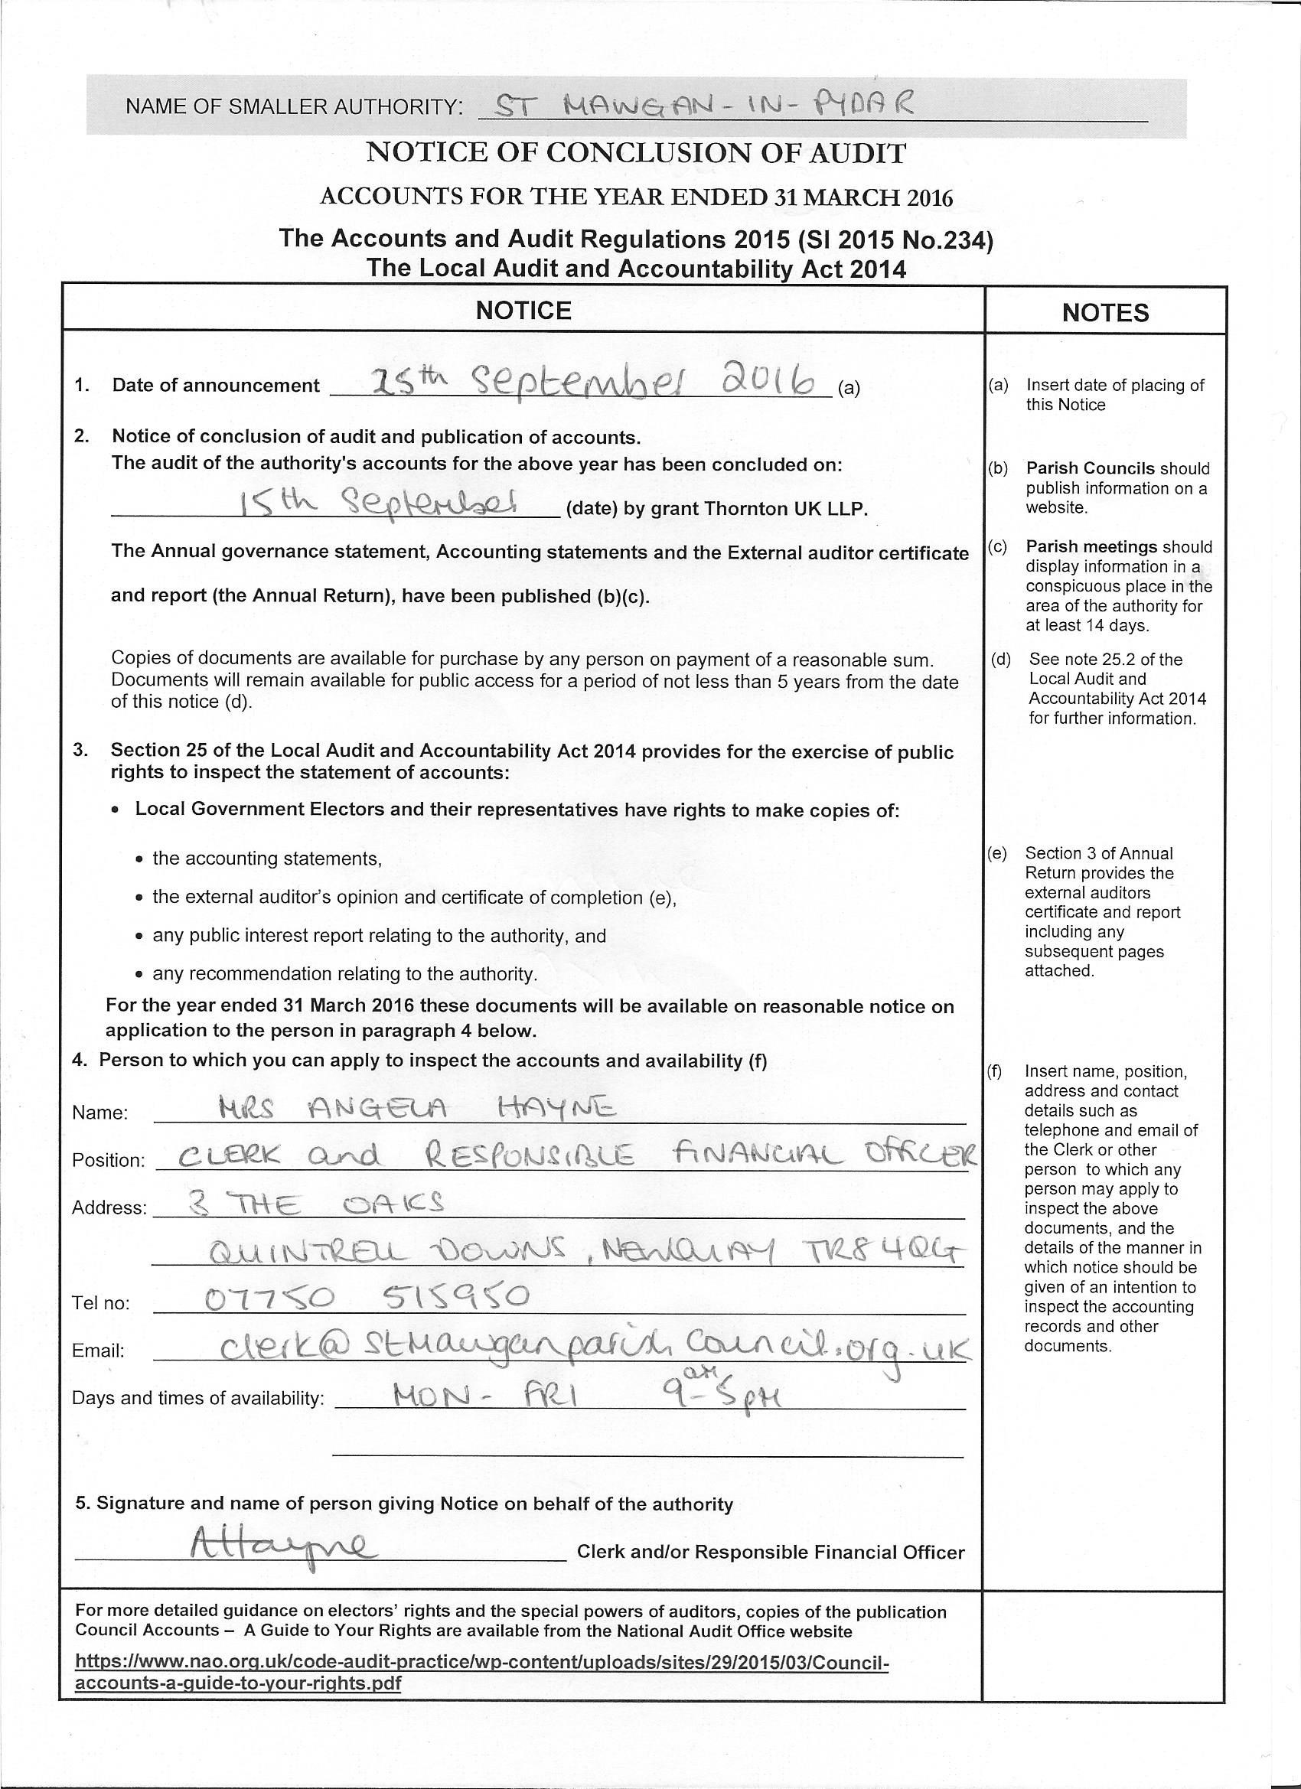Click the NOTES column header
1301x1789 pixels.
[1104, 312]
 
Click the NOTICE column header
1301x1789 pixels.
[523, 310]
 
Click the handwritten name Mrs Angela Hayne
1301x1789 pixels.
[416, 1110]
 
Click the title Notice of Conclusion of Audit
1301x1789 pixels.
[636, 152]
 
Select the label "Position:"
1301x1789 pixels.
[109, 1160]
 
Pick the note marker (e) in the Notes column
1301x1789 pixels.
[997, 852]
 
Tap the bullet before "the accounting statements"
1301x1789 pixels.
[139, 859]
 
